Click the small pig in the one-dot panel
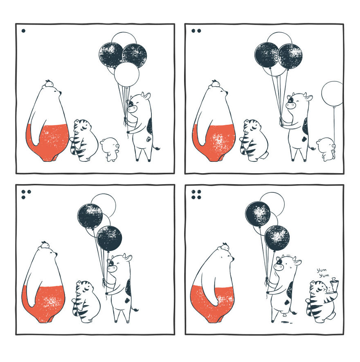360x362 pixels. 109,149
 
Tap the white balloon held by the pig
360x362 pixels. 333,94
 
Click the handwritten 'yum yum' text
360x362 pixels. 323,273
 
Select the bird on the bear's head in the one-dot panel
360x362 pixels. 49,84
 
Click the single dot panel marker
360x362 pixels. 23,30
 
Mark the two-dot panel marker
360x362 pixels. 196,30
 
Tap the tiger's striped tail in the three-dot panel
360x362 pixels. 75,309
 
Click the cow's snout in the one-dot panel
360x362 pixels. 132,109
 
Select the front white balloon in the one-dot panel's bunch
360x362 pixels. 126,74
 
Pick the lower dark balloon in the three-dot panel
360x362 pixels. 109,238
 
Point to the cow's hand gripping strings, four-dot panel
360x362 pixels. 268,281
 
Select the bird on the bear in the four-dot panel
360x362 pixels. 225,247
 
